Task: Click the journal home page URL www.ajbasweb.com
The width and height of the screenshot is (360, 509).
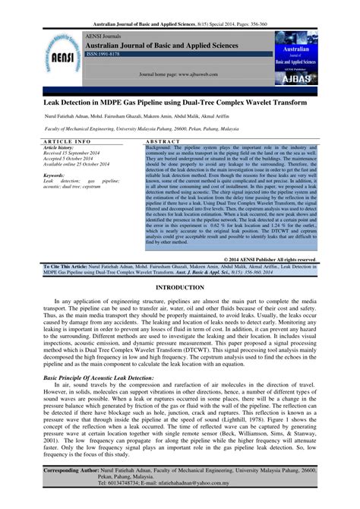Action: pyautogui.click(x=205, y=76)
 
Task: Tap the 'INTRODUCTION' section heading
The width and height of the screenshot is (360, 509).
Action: pyautogui.click(x=180, y=268)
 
